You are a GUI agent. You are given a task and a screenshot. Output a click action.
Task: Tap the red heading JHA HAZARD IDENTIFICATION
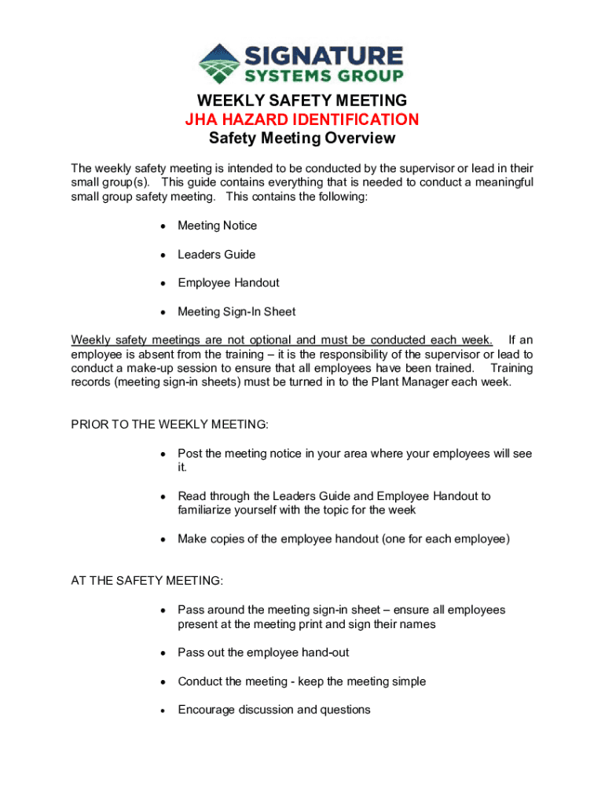tap(302, 119)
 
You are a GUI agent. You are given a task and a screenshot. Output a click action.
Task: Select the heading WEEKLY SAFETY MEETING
tap(302, 101)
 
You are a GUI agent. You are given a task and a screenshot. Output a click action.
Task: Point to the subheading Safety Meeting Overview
tap(302, 139)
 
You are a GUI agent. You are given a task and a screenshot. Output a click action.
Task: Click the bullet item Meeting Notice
tap(217, 226)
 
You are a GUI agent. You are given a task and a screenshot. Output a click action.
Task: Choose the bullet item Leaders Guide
tap(216, 255)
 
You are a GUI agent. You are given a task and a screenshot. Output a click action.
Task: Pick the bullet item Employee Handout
tap(228, 283)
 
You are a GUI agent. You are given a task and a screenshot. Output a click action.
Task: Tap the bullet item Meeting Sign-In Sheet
tap(236, 312)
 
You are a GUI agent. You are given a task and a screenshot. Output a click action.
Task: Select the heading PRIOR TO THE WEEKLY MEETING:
tap(170, 425)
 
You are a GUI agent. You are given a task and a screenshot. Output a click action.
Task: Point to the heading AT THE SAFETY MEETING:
tap(147, 581)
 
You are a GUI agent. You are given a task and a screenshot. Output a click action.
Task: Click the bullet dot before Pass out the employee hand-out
tap(162, 653)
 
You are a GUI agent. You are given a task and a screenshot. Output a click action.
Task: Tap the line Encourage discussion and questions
tap(273, 710)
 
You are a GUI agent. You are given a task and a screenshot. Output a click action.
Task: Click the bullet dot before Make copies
tap(162, 540)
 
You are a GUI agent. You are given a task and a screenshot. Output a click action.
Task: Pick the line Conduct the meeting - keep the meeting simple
tap(302, 682)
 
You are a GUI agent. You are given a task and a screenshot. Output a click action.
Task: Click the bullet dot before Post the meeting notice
tap(162, 454)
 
